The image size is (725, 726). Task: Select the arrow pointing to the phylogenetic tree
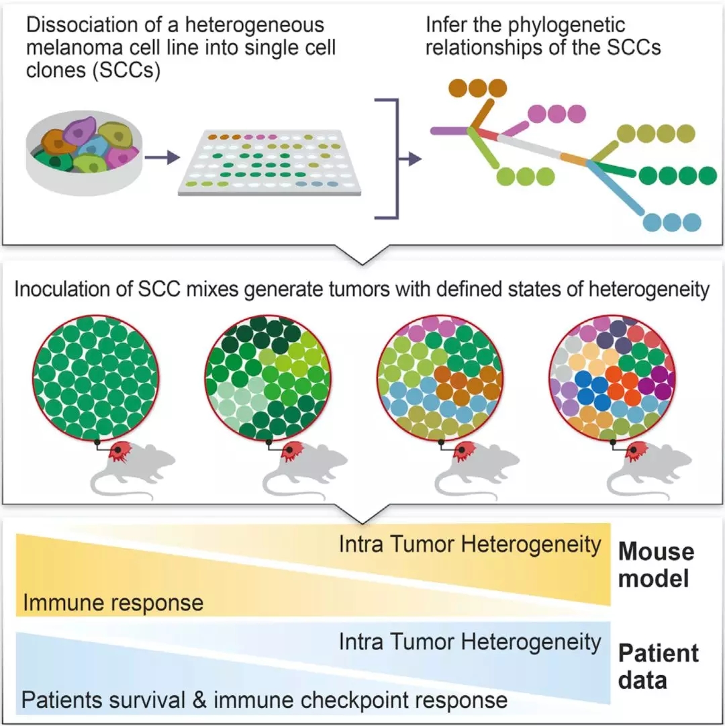pos(409,159)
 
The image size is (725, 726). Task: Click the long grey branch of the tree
pos(530,148)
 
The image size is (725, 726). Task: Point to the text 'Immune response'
pos(113,602)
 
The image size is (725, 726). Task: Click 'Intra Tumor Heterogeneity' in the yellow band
pos(470,544)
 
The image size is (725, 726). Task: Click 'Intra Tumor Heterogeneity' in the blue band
pos(470,642)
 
